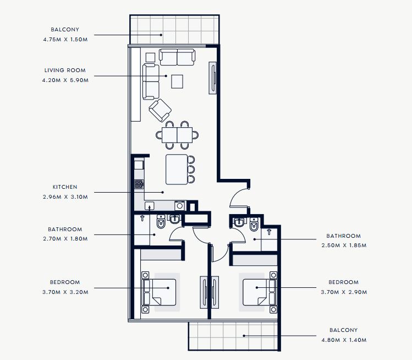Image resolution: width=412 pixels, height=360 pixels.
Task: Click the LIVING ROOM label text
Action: click(65, 70)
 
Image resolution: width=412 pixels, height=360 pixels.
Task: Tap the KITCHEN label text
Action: click(65, 187)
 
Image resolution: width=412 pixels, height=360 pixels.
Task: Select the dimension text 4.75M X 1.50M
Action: click(65, 40)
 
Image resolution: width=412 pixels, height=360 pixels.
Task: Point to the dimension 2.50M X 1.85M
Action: click(344, 246)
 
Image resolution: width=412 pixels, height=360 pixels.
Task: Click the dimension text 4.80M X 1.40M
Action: click(344, 340)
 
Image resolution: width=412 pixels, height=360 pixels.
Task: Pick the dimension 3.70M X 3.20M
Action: click(65, 292)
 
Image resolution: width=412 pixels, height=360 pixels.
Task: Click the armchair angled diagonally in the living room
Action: click(160, 110)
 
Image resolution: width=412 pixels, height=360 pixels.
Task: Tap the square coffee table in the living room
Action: click(177, 81)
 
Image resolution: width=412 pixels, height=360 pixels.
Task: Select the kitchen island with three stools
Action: click(180, 170)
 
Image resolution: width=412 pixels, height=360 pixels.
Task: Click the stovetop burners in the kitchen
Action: click(139, 184)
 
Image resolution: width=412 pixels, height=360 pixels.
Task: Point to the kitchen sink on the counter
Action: click(150, 206)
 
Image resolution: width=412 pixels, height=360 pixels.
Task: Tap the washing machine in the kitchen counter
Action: click(180, 206)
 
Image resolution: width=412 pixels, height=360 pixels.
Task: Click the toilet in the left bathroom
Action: click(161, 221)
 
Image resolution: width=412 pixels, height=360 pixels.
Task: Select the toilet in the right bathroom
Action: click(254, 224)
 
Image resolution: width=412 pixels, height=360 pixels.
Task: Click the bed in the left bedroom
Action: click(159, 292)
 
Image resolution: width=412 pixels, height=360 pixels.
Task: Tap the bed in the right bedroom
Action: click(259, 292)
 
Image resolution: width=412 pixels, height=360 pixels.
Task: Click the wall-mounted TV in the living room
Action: click(213, 78)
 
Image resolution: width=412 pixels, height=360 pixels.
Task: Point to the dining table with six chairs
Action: click(177, 135)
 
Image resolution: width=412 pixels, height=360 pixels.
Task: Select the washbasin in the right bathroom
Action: click(239, 222)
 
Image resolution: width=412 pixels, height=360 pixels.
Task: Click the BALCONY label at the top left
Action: click(65, 30)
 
